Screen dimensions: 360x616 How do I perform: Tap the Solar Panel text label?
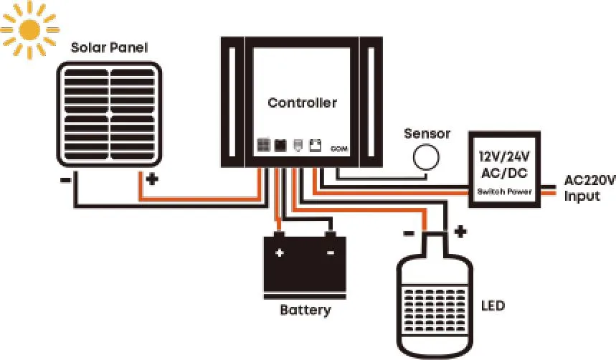tap(109, 48)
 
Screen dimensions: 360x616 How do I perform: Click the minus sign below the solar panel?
tap(65, 179)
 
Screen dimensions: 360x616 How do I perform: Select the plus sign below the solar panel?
tap(151, 179)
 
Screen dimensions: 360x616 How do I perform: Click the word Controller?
tap(302, 103)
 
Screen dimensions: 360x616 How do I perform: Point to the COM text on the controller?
tap(340, 148)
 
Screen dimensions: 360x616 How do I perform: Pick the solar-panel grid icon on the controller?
tap(264, 145)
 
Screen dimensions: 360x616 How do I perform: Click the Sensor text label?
tap(427, 133)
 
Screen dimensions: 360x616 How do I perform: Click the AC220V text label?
tap(589, 181)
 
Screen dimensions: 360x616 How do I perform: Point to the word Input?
tap(582, 196)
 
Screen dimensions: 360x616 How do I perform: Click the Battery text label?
tap(305, 311)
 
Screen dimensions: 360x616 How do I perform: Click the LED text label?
tap(492, 306)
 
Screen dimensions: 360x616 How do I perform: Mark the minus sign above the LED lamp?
tap(408, 233)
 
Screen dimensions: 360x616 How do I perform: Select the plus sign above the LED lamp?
tap(460, 232)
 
